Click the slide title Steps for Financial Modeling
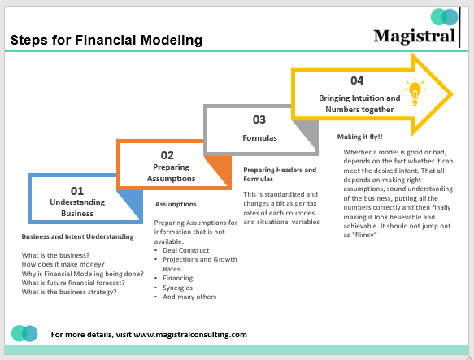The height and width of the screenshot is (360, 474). click(106, 40)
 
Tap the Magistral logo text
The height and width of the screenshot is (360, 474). click(415, 36)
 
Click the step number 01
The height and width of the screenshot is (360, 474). click(77, 190)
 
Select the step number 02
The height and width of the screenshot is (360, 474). click(167, 154)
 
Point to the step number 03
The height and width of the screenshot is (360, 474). click(259, 119)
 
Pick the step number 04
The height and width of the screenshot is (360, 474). click(358, 80)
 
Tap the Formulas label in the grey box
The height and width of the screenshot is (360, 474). click(259, 137)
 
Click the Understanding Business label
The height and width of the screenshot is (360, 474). click(77, 207)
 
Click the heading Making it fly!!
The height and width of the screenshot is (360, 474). click(360, 136)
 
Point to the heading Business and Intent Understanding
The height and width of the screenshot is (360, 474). click(77, 236)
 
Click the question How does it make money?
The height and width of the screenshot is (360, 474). click(68, 264)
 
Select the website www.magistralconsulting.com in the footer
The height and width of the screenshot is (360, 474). click(189, 334)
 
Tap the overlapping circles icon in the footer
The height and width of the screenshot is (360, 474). click(24, 333)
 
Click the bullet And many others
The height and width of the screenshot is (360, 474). click(189, 297)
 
